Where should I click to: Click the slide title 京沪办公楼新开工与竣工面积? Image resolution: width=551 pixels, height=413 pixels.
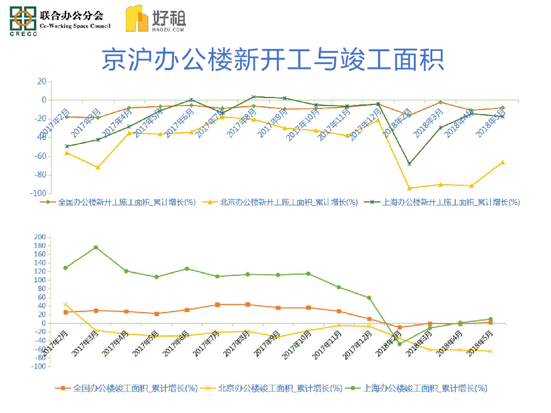point(273,60)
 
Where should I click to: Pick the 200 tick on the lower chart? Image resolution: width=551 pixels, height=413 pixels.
point(40,237)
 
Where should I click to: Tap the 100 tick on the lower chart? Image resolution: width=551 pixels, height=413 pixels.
point(40,280)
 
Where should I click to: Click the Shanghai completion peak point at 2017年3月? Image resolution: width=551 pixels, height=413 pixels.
point(96,247)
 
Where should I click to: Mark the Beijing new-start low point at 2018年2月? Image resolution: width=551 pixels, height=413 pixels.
point(409,188)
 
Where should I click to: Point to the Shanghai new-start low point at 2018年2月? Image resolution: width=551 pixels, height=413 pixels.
point(409,164)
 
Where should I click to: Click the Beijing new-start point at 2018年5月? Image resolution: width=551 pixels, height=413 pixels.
point(503,162)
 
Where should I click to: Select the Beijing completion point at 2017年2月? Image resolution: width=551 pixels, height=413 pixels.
point(65,305)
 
